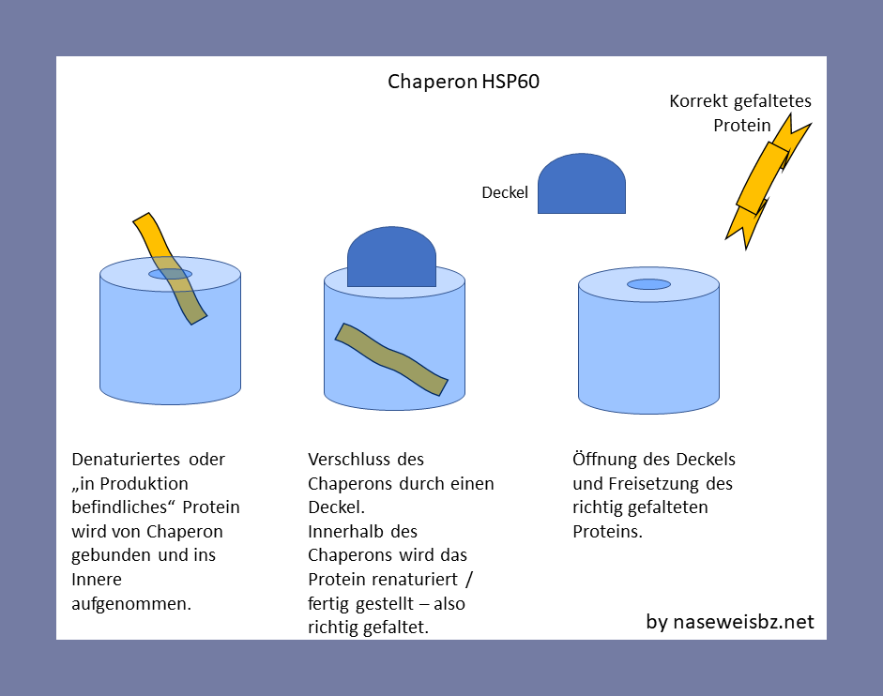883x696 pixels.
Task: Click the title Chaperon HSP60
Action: click(x=464, y=82)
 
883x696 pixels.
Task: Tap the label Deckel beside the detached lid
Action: click(x=505, y=193)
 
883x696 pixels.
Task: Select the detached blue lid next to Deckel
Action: click(x=581, y=185)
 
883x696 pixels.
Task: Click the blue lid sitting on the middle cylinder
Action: click(x=391, y=256)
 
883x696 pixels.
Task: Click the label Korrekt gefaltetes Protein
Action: click(x=740, y=113)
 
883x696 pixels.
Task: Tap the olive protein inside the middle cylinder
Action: click(x=391, y=359)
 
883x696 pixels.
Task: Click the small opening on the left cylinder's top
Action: click(x=171, y=274)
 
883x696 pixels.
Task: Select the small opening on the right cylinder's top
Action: click(x=648, y=284)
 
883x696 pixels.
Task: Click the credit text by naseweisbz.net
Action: click(x=730, y=622)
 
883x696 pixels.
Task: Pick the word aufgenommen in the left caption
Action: click(x=131, y=603)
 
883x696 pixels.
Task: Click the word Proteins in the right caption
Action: click(x=607, y=532)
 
